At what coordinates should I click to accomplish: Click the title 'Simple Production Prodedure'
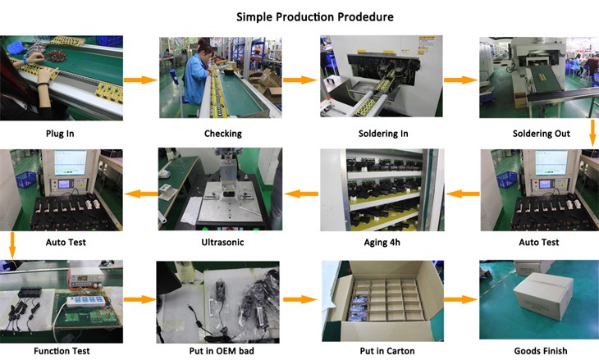(315, 16)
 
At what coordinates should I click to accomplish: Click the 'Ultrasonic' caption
(222, 243)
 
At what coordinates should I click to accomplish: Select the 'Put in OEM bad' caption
(220, 352)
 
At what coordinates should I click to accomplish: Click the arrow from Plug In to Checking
(139, 80)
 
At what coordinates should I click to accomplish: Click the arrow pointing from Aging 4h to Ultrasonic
(301, 194)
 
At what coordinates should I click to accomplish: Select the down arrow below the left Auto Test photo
(11, 244)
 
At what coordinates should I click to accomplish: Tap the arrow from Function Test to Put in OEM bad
(139, 300)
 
